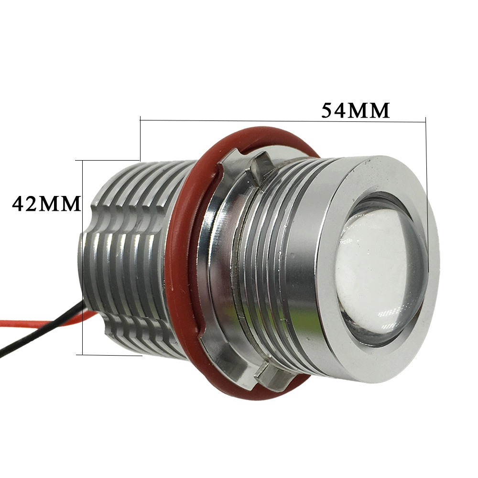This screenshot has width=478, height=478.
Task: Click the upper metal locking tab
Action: click(261, 168)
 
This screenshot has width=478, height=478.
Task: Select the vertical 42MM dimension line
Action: click(83, 258)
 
